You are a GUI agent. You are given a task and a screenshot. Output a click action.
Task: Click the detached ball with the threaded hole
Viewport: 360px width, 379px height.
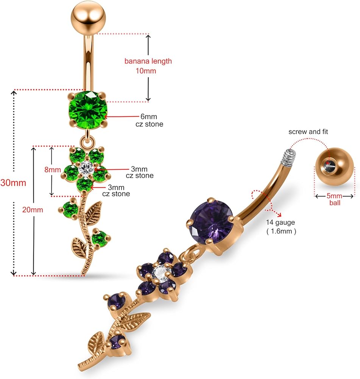(334, 167)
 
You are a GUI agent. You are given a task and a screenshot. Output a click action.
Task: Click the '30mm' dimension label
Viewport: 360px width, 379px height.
(13, 183)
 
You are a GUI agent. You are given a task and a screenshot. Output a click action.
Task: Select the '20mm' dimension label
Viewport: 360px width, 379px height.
(33, 210)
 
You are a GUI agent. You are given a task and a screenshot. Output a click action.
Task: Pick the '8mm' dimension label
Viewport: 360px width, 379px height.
(52, 170)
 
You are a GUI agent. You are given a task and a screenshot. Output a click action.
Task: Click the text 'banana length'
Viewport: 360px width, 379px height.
(148, 61)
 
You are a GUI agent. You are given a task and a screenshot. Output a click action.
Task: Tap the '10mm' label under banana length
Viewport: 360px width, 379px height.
(146, 71)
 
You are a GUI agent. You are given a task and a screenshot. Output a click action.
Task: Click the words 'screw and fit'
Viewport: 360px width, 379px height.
(308, 132)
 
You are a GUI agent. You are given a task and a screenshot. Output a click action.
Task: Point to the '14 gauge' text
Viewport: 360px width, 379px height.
(281, 223)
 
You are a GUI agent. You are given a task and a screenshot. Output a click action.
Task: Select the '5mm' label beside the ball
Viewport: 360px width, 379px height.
(334, 196)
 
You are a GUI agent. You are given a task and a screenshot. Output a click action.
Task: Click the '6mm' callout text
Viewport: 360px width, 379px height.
(149, 116)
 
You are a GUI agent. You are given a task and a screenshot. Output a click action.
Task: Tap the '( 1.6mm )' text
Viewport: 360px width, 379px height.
(281, 231)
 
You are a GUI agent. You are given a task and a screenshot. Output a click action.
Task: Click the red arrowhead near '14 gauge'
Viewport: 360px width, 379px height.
(280, 215)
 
